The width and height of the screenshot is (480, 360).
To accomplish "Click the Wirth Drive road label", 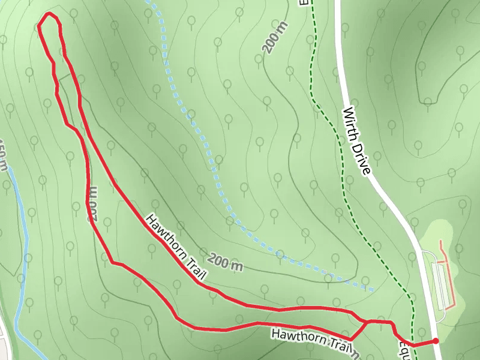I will coord(357,141).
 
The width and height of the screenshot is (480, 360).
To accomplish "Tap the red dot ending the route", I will coord(436,341).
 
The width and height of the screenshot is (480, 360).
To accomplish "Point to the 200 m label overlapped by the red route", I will coord(93,204).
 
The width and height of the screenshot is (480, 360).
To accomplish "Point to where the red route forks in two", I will coord(367,322).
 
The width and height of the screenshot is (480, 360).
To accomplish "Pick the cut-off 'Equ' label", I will coord(404,349).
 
